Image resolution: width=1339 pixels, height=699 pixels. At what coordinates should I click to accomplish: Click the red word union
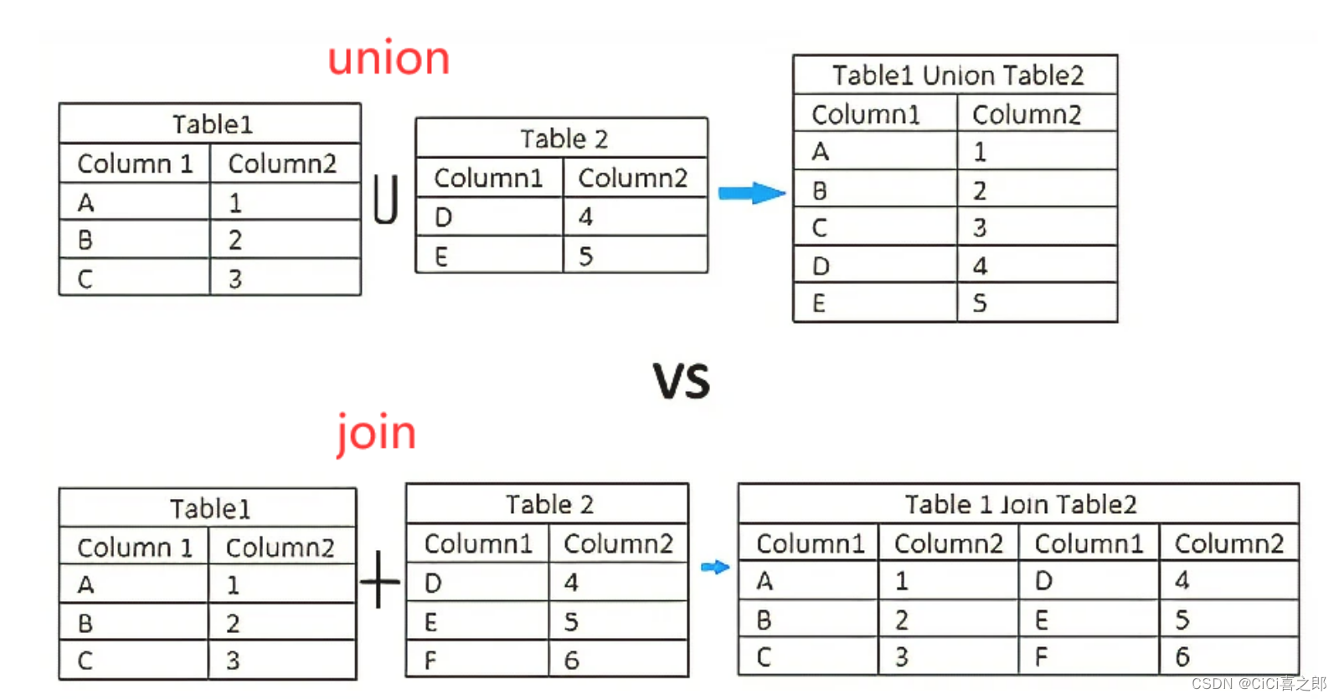pos(389,59)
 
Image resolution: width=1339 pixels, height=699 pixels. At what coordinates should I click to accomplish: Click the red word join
pos(376,433)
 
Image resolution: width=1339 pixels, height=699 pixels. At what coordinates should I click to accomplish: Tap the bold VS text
pos(682,381)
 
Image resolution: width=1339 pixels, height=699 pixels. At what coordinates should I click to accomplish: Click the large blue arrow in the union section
pos(751,193)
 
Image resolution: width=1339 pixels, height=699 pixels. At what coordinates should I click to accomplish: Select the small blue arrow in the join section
pos(714,568)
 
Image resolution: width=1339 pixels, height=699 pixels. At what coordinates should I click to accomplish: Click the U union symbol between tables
pos(386,199)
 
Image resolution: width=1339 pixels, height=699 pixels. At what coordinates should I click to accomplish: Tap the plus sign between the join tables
pos(380,579)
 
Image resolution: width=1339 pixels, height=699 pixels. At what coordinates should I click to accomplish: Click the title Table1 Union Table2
pos(957,75)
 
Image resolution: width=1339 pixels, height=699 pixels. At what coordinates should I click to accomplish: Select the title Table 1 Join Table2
pos(1020,504)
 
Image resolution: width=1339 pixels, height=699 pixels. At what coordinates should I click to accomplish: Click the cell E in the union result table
pos(819,303)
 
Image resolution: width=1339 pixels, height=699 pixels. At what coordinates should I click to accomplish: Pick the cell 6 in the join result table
pos(1182,657)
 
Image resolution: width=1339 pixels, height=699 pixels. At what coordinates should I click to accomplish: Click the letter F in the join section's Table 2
pos(430,660)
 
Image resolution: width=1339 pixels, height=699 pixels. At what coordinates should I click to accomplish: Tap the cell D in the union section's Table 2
pos(443,218)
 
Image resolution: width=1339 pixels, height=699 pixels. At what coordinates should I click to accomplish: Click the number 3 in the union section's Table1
pos(235,279)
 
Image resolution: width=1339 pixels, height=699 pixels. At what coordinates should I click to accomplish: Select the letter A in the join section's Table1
pos(85,584)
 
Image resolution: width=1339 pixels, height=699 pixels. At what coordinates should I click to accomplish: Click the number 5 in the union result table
pos(980,303)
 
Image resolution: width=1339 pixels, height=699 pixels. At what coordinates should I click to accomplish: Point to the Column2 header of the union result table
pos(1027,114)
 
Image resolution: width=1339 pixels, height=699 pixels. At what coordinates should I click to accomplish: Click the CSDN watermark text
pos(1259,684)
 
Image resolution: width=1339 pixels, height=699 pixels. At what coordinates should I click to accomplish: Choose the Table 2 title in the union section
pos(564,138)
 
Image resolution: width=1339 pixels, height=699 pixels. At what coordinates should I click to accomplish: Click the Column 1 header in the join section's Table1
pos(134,547)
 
